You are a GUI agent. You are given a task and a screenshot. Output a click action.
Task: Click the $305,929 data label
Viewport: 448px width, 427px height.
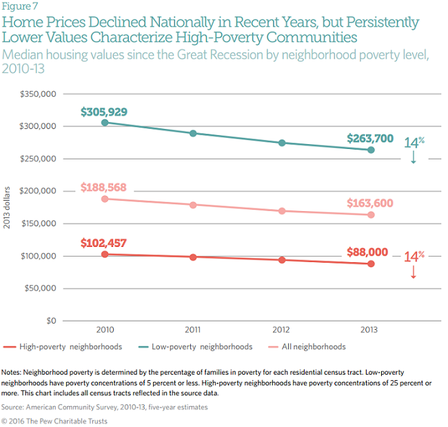click(x=104, y=112)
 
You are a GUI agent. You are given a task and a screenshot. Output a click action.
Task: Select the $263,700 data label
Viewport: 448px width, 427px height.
click(x=371, y=137)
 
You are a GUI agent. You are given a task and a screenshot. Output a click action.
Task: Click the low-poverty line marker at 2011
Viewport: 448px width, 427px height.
click(x=194, y=133)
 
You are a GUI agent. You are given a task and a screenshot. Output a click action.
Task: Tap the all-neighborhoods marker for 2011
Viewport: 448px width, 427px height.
click(x=194, y=205)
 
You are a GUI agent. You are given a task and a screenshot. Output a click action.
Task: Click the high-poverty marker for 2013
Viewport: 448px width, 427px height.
click(x=371, y=264)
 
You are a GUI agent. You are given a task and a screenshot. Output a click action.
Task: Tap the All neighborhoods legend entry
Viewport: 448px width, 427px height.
click(x=313, y=346)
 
